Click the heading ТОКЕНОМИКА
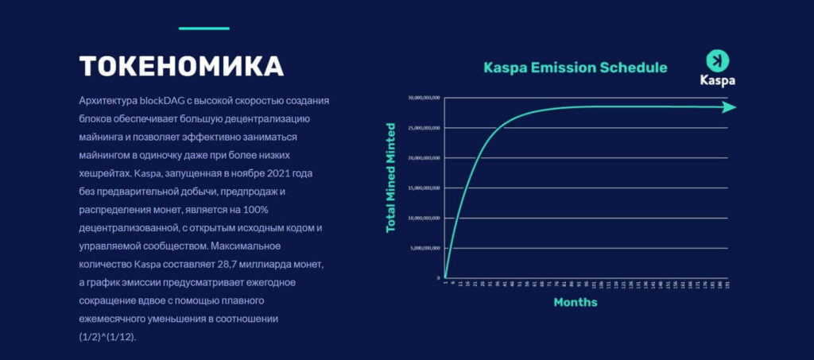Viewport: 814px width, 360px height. (x=181, y=65)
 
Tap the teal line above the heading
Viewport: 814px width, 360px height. (x=203, y=29)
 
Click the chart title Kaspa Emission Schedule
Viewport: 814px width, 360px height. (x=576, y=68)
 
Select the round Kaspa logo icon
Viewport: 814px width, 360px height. (x=717, y=60)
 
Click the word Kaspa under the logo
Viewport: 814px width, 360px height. (x=717, y=80)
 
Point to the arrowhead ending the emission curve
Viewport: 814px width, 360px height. (x=729, y=107)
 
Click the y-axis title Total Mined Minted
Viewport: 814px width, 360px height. (x=390, y=177)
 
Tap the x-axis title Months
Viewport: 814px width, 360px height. (x=575, y=302)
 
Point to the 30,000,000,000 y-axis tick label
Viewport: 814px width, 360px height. (x=424, y=99)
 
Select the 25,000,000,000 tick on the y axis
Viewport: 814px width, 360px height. (x=424, y=128)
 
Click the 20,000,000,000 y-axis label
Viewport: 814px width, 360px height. (x=424, y=158)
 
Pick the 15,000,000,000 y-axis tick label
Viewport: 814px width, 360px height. (x=424, y=188)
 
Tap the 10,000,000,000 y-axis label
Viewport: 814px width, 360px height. (x=424, y=218)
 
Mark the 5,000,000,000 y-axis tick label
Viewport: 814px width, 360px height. (x=425, y=248)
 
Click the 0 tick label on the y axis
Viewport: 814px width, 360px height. (x=438, y=277)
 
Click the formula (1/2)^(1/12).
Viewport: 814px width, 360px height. (x=108, y=337)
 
